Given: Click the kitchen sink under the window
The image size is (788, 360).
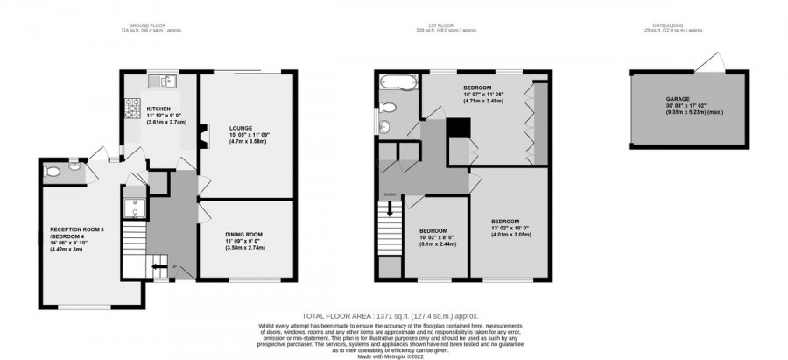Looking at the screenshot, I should tap(164, 81).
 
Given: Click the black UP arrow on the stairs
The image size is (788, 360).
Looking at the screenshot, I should tap(161, 269).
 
